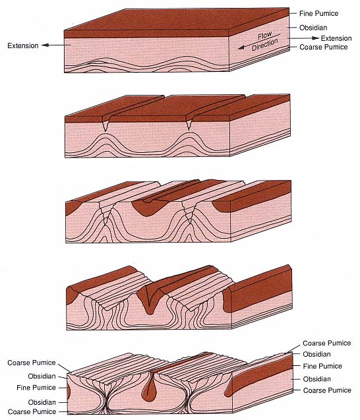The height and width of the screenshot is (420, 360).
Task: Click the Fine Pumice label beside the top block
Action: (318, 13)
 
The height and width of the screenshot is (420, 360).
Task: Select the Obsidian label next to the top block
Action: (313, 28)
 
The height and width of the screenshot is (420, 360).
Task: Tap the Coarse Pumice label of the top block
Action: (324, 47)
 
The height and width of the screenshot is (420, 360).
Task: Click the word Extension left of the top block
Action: (23, 45)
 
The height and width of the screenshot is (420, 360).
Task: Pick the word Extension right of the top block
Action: (336, 38)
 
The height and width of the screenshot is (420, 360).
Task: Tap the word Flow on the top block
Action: (264, 36)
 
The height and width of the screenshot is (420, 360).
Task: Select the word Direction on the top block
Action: (265, 45)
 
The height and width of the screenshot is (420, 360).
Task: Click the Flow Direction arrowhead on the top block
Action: (241, 47)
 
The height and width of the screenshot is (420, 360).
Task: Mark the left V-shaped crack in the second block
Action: (106, 123)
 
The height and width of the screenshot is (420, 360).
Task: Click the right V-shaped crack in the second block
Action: (189, 123)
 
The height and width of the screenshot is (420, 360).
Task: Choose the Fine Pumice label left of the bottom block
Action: (36, 388)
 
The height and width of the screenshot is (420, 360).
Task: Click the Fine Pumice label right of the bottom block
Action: (322, 366)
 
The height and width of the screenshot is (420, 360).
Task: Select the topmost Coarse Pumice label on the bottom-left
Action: (32, 363)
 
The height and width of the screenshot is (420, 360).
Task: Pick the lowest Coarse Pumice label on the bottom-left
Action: (32, 411)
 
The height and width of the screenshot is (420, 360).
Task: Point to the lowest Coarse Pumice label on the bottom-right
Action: (327, 390)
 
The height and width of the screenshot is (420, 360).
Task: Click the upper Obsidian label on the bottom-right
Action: (316, 354)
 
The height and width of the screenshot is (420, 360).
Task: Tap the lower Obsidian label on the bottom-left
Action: (42, 402)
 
